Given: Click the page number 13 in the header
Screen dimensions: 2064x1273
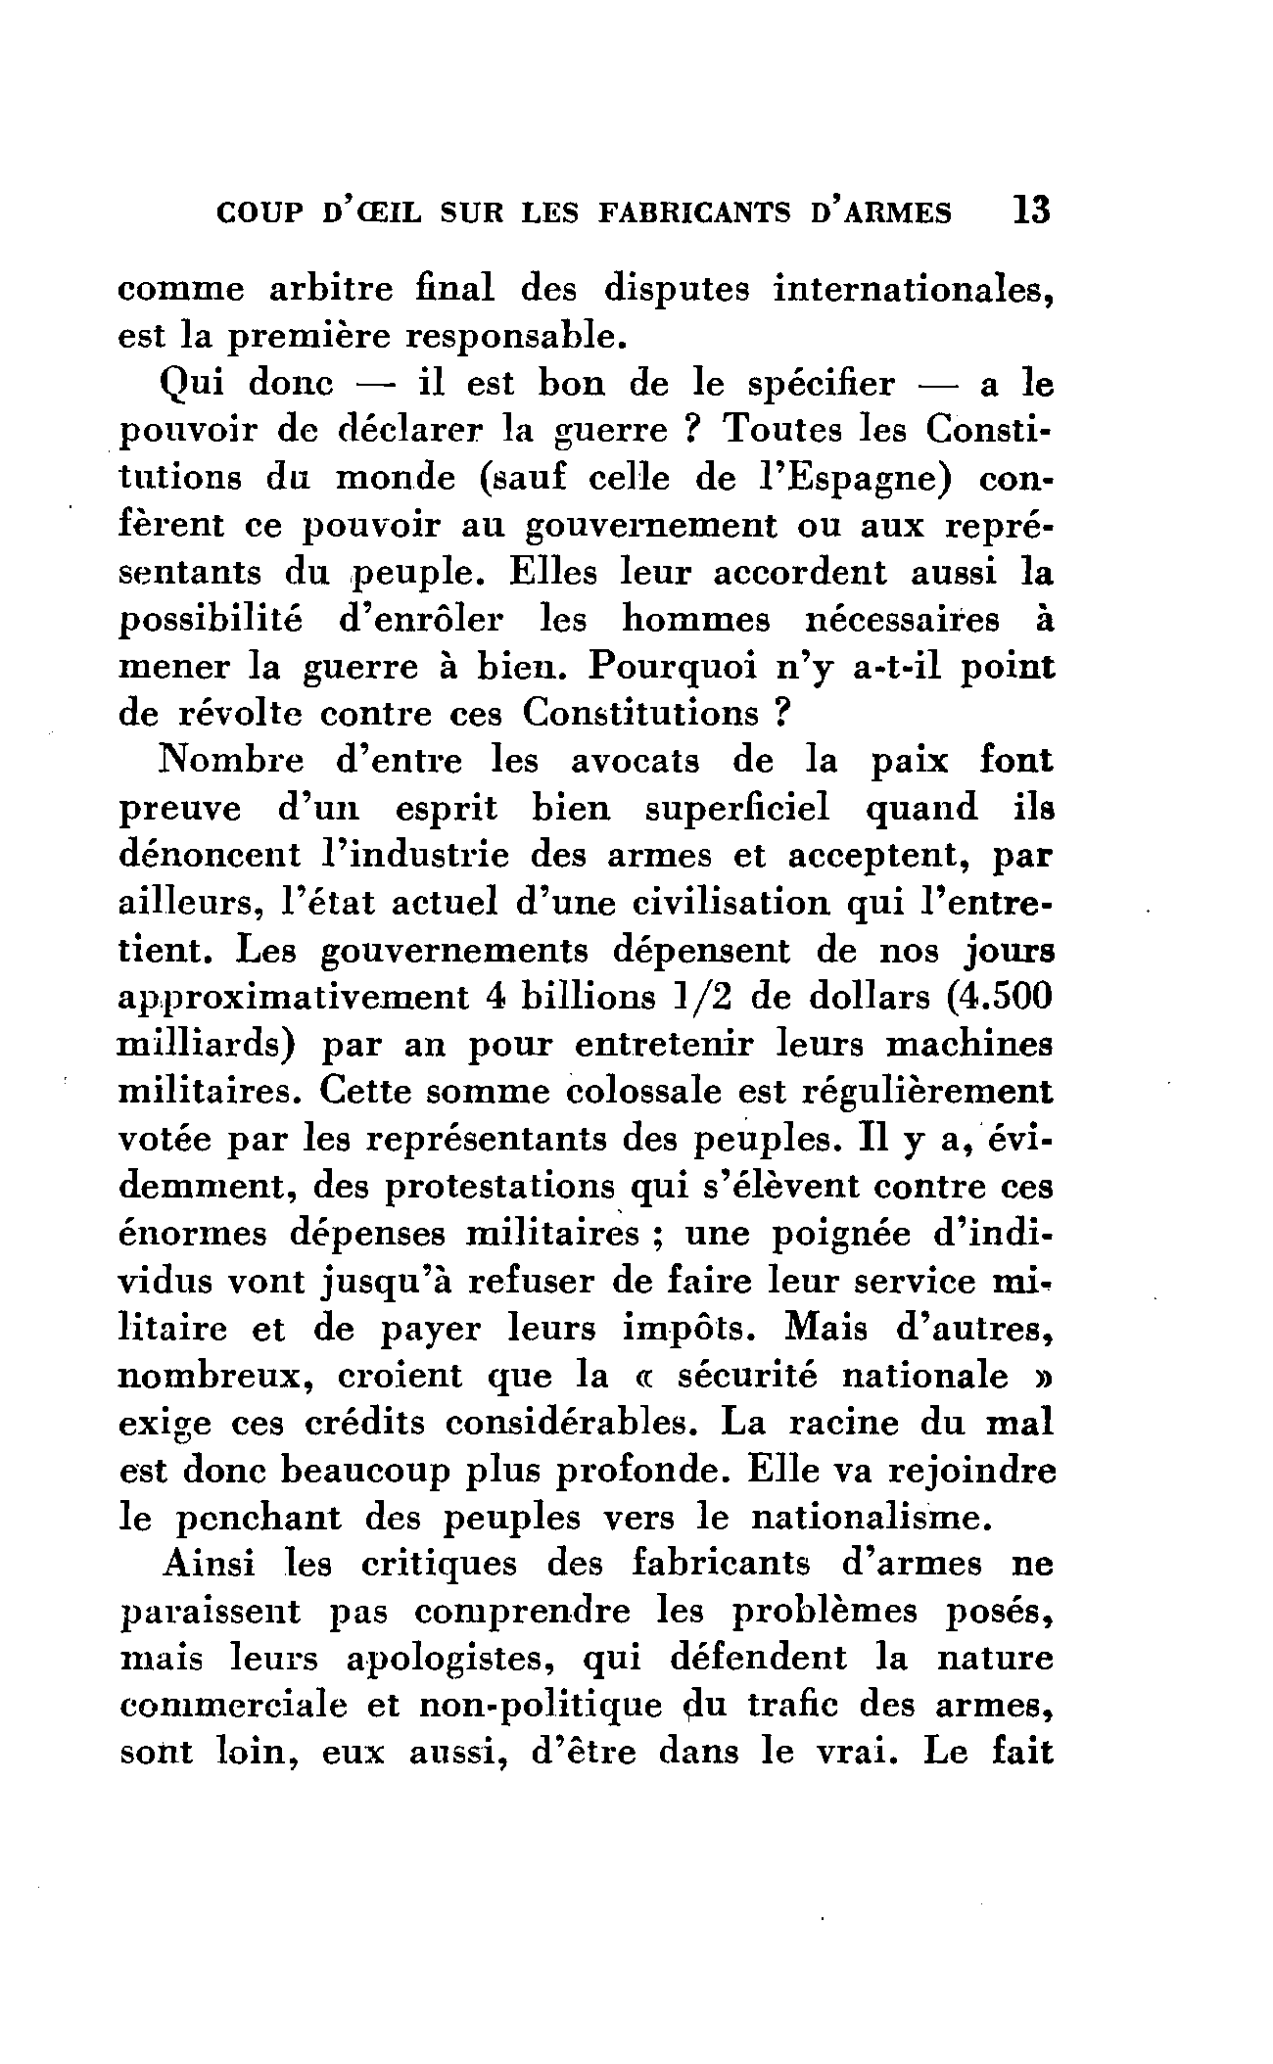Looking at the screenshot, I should [1032, 211].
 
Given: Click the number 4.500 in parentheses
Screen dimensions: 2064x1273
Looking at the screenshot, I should [989, 998].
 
